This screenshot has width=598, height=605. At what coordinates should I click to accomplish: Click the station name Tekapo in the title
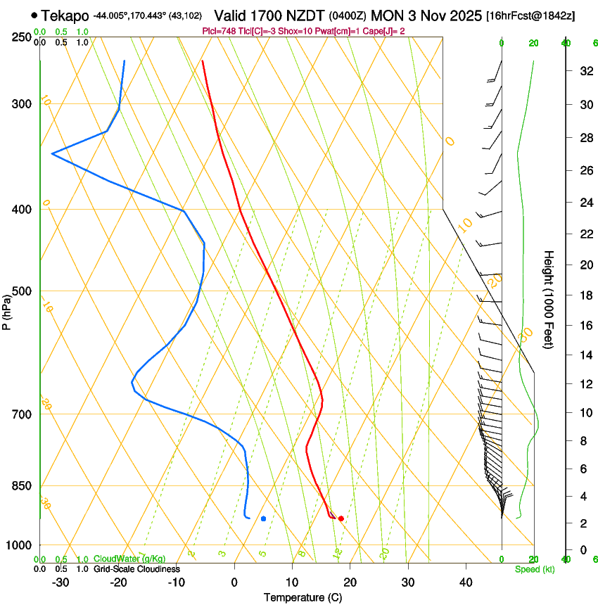65,15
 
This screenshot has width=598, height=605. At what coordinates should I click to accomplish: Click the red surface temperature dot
341,518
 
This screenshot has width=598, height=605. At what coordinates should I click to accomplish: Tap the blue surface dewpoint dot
263,518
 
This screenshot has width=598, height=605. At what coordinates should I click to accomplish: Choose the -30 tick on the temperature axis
61,582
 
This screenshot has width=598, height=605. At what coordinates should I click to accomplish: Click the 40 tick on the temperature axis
466,582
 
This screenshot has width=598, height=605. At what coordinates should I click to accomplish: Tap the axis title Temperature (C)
303,597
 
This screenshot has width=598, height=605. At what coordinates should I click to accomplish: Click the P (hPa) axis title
7,310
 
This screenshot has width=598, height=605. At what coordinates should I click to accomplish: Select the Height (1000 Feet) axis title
549,299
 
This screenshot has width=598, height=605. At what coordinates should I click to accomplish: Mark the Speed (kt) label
534,569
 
